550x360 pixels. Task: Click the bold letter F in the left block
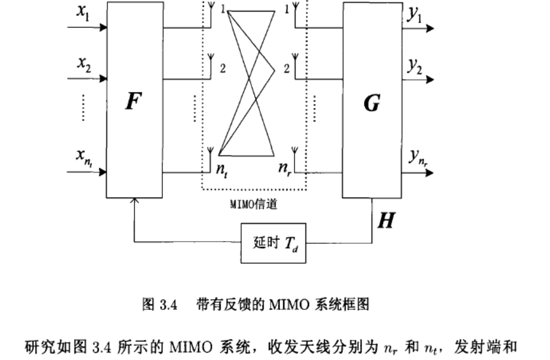(134, 100)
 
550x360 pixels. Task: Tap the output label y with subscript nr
(417, 157)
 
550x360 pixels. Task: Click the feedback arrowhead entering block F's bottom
(135, 200)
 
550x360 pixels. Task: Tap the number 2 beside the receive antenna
(286, 68)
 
